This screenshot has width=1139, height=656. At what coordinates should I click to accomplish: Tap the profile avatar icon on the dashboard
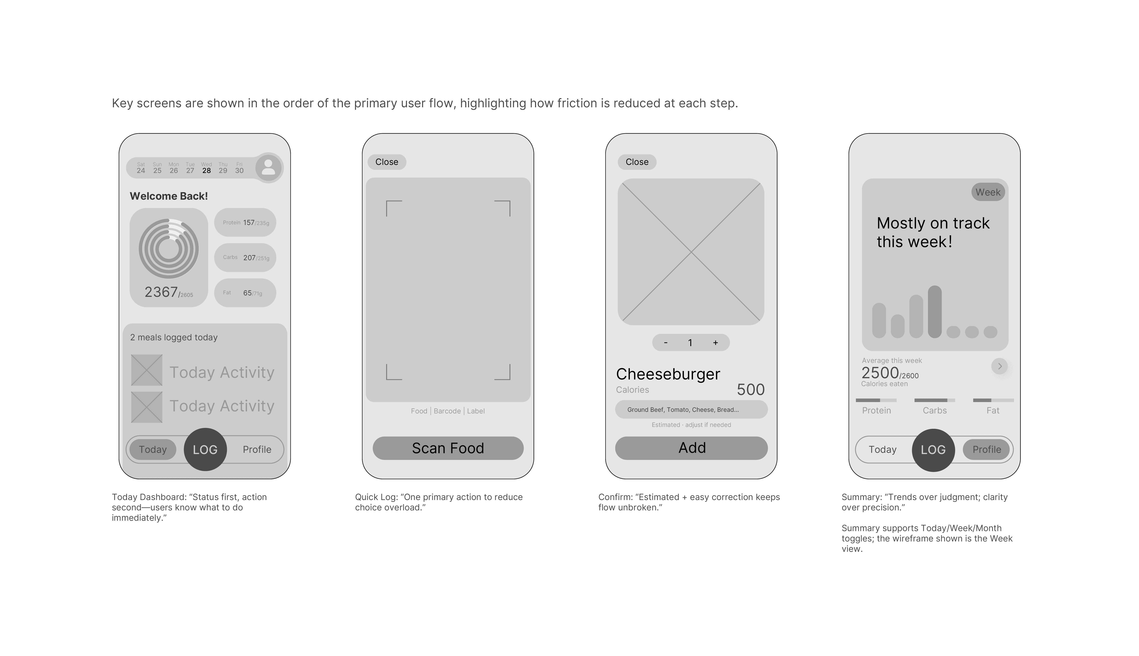(x=268, y=168)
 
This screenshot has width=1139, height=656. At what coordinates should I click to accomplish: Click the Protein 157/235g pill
(x=245, y=223)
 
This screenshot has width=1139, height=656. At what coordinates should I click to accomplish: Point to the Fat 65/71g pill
(x=245, y=293)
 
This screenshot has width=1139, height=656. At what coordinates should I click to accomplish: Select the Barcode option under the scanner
(x=447, y=411)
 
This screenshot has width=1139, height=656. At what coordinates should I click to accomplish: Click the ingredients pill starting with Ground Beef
(x=691, y=410)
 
